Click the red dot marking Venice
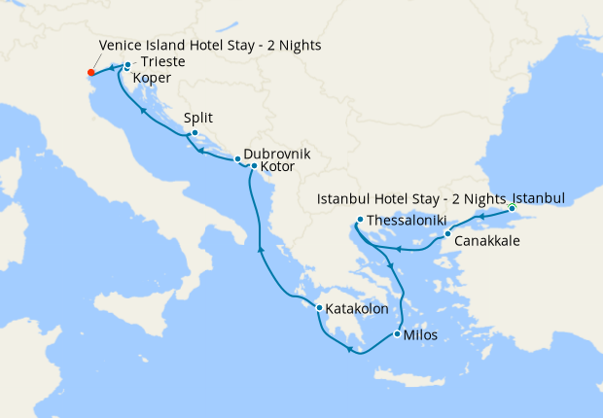(90, 71)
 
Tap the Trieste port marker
(127, 66)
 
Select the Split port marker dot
(195, 133)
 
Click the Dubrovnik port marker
(237, 159)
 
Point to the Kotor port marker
(254, 166)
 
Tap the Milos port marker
(396, 334)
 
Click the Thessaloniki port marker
(360, 220)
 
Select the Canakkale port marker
(446, 234)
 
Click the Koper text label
(152, 78)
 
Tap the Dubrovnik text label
(277, 154)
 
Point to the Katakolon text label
(358, 309)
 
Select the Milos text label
(420, 335)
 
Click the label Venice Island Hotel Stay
(210, 46)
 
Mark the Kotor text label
(277, 167)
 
